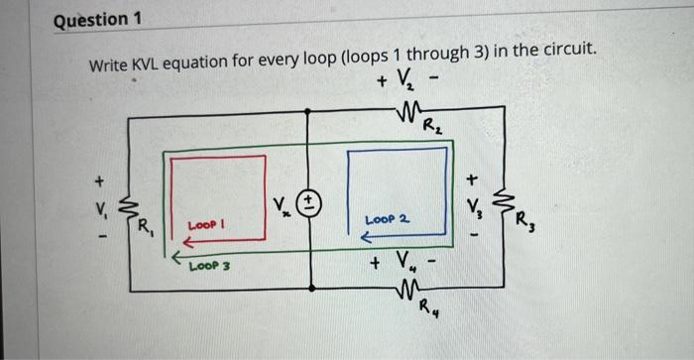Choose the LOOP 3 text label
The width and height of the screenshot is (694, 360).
click(x=210, y=266)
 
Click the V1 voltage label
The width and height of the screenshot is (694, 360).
click(x=97, y=210)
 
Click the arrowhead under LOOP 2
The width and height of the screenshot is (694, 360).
click(x=364, y=238)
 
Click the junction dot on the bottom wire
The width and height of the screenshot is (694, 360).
click(x=312, y=291)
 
